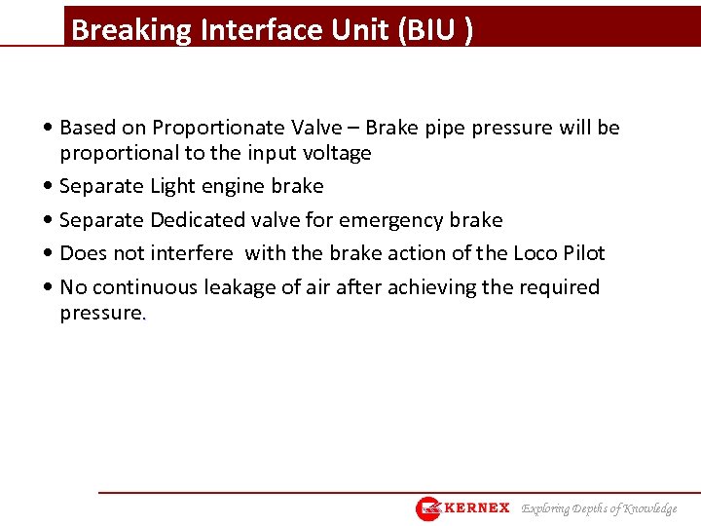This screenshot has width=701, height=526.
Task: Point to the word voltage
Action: [336, 153]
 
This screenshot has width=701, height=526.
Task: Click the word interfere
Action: [191, 253]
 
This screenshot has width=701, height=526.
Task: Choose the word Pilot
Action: [584, 253]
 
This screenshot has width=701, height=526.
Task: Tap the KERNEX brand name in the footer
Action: [476, 507]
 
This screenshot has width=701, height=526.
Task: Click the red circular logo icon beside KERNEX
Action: [428, 508]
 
